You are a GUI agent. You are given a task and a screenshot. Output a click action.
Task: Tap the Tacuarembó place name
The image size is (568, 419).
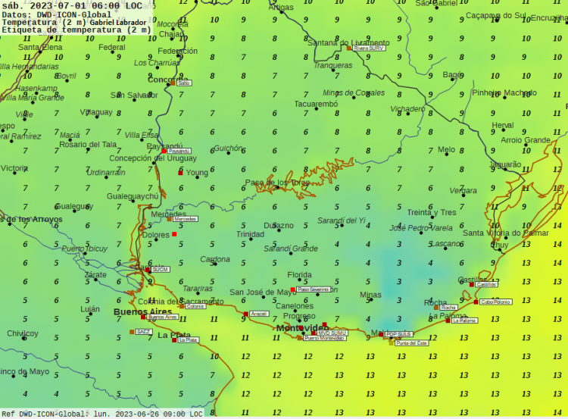point(316,104)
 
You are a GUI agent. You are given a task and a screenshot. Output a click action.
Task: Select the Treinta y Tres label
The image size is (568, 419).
point(432,212)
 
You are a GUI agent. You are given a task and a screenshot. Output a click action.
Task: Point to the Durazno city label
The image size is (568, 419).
point(279,226)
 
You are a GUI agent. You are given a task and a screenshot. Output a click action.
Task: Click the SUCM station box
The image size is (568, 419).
point(160,269)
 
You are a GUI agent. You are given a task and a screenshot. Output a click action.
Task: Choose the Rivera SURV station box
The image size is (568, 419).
point(369,48)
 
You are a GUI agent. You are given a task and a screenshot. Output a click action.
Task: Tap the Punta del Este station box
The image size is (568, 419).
point(412,343)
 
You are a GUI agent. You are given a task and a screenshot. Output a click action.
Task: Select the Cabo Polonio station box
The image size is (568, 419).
point(495,302)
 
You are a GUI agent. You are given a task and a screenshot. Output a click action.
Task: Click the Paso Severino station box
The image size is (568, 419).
point(313,289)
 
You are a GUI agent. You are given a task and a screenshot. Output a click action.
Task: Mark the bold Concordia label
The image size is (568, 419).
point(168,80)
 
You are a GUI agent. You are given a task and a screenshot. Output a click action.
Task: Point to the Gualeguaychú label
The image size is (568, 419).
point(133,196)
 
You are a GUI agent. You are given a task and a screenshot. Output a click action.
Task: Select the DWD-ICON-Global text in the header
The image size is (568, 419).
point(73,14)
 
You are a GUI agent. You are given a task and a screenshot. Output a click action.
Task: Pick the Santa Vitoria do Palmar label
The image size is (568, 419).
point(505,233)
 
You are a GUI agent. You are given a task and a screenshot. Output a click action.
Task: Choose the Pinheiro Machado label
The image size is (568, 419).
point(504,93)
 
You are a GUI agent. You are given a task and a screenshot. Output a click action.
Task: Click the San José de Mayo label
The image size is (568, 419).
point(264,292)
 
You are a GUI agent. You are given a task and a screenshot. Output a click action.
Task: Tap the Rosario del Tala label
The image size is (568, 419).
point(88,145)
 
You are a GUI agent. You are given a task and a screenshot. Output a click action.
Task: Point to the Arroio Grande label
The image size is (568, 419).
point(526,140)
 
